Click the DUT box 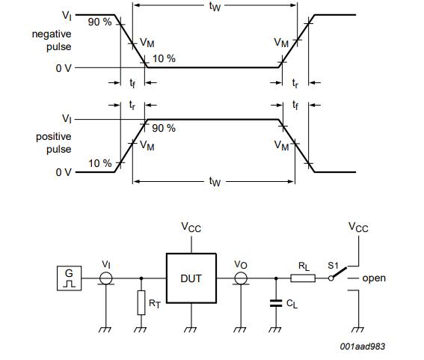point(191,278)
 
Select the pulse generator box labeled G point(69,278)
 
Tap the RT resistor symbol point(141,303)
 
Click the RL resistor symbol point(302,278)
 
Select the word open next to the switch point(374,278)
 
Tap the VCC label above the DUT point(191,226)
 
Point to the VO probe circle point(242,278)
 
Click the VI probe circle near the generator point(106,278)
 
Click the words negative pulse point(52,41)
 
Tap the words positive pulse point(53,143)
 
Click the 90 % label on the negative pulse point(99,22)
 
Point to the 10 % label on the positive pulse point(99,163)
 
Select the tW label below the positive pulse point(215,183)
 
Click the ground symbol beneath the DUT point(191,327)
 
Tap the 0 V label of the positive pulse point(64,172)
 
